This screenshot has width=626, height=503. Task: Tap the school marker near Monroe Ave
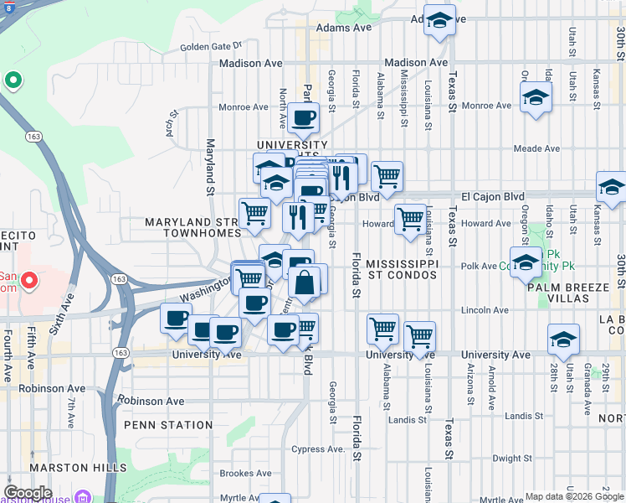pyautogui.click(x=536, y=97)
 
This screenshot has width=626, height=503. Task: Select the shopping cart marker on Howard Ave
pyautogui.click(x=410, y=220)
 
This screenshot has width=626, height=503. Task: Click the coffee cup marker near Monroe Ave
pyautogui.click(x=303, y=117)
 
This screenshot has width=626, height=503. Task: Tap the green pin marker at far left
pyautogui.click(x=13, y=80)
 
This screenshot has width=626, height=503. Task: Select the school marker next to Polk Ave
pyautogui.click(x=526, y=262)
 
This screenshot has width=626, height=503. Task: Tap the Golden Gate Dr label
pyautogui.click(x=210, y=46)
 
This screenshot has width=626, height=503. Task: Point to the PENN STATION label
pyautogui.click(x=168, y=425)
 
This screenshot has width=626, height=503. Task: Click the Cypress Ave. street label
pyautogui.click(x=318, y=449)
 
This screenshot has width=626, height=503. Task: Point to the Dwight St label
pyautogui.click(x=512, y=459)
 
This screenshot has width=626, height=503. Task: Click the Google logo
pyautogui.click(x=28, y=493)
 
